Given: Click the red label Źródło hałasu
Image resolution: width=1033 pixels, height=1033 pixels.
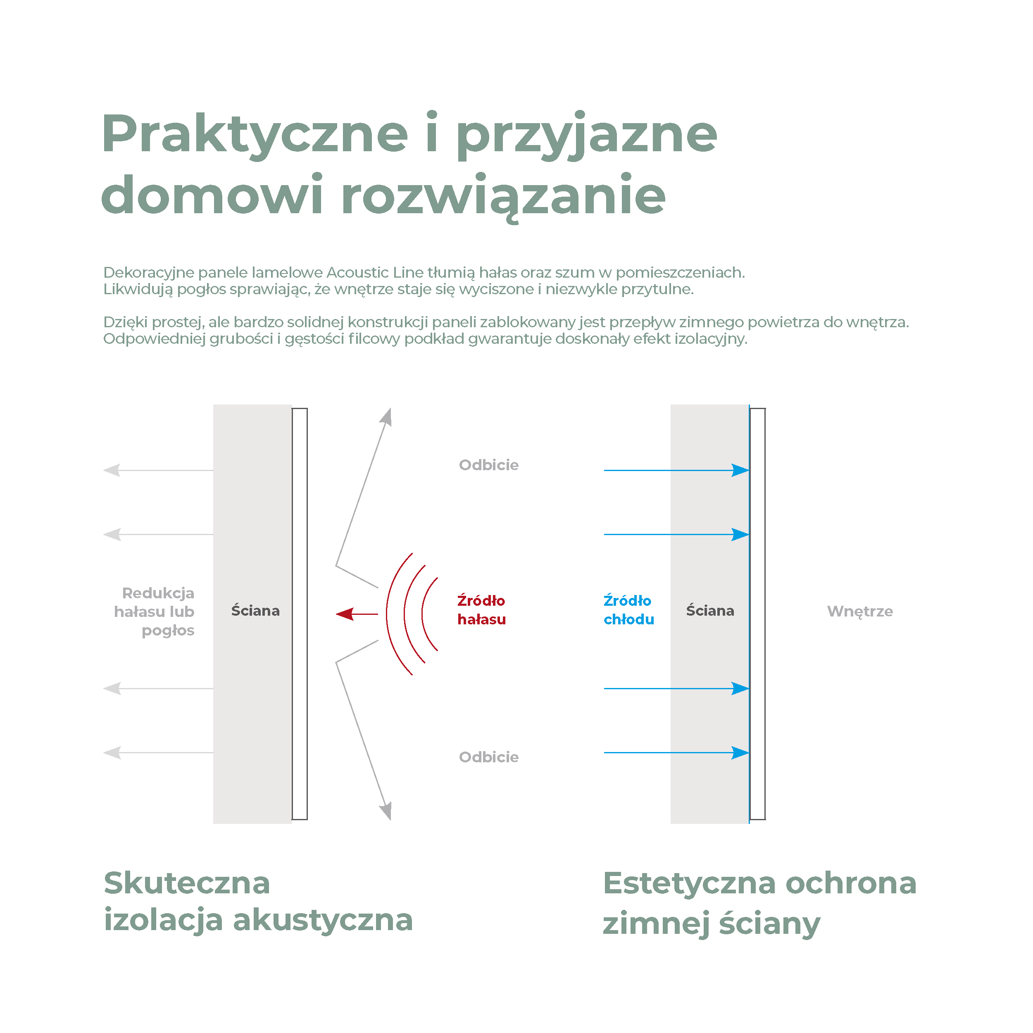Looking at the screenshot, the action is point(481,609).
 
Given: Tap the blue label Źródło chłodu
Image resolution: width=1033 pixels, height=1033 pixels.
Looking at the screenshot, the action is point(629,609).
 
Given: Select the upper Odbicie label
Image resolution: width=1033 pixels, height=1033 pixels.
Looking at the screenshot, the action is point(489,464).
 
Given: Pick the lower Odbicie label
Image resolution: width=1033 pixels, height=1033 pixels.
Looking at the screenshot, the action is point(489,757).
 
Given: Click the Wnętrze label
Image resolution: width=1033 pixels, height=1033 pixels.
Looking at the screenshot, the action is point(860,612).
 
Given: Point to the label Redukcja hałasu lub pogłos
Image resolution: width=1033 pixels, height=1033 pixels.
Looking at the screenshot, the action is point(155,612).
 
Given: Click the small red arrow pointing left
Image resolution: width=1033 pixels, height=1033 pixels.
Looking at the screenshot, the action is point(357,614).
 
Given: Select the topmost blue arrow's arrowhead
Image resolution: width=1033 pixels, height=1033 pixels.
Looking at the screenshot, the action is point(740,471).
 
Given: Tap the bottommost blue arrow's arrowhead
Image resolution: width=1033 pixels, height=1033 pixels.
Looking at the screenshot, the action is point(740,753).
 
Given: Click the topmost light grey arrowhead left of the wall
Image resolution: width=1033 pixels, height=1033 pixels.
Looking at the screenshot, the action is point(112,471).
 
